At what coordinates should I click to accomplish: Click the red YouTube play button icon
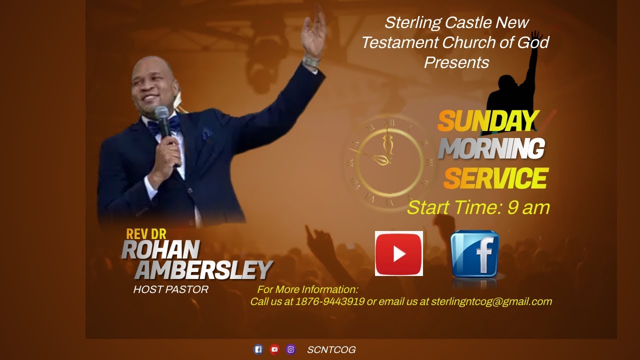coord(398,253)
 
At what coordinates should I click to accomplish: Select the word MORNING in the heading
coord(491,148)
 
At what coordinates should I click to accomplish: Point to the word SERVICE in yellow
coord(495,178)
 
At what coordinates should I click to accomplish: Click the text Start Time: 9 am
coord(478,207)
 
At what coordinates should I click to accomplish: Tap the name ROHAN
coord(160,249)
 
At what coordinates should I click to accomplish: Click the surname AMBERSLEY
coord(203,270)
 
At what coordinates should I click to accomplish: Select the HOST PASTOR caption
coord(170,289)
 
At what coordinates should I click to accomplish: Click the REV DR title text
coord(146,234)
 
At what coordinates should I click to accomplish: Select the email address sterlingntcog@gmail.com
coord(491,301)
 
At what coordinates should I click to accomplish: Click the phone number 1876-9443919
coord(330,301)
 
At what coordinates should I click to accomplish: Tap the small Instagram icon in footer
coord(290,349)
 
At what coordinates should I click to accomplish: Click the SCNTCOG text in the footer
coord(331,350)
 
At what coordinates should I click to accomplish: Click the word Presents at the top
coord(456,62)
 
